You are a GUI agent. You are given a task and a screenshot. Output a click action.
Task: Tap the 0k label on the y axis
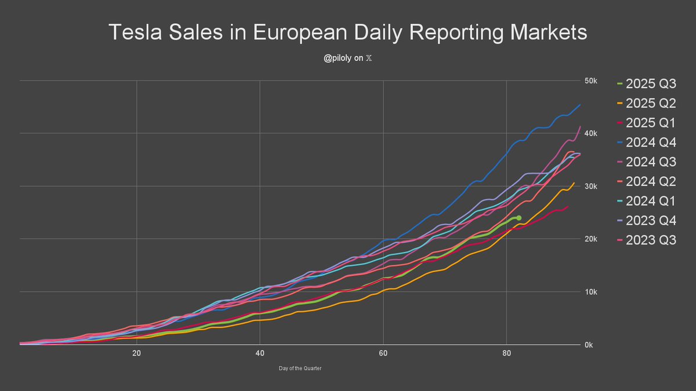(x=589, y=345)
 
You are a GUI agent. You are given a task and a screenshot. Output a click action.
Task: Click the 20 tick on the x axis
(x=136, y=354)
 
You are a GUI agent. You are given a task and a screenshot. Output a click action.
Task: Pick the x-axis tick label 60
(x=383, y=354)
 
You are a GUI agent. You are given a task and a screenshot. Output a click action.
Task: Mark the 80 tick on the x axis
(x=506, y=354)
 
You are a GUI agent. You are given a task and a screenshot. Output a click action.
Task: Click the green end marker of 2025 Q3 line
(x=519, y=218)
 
